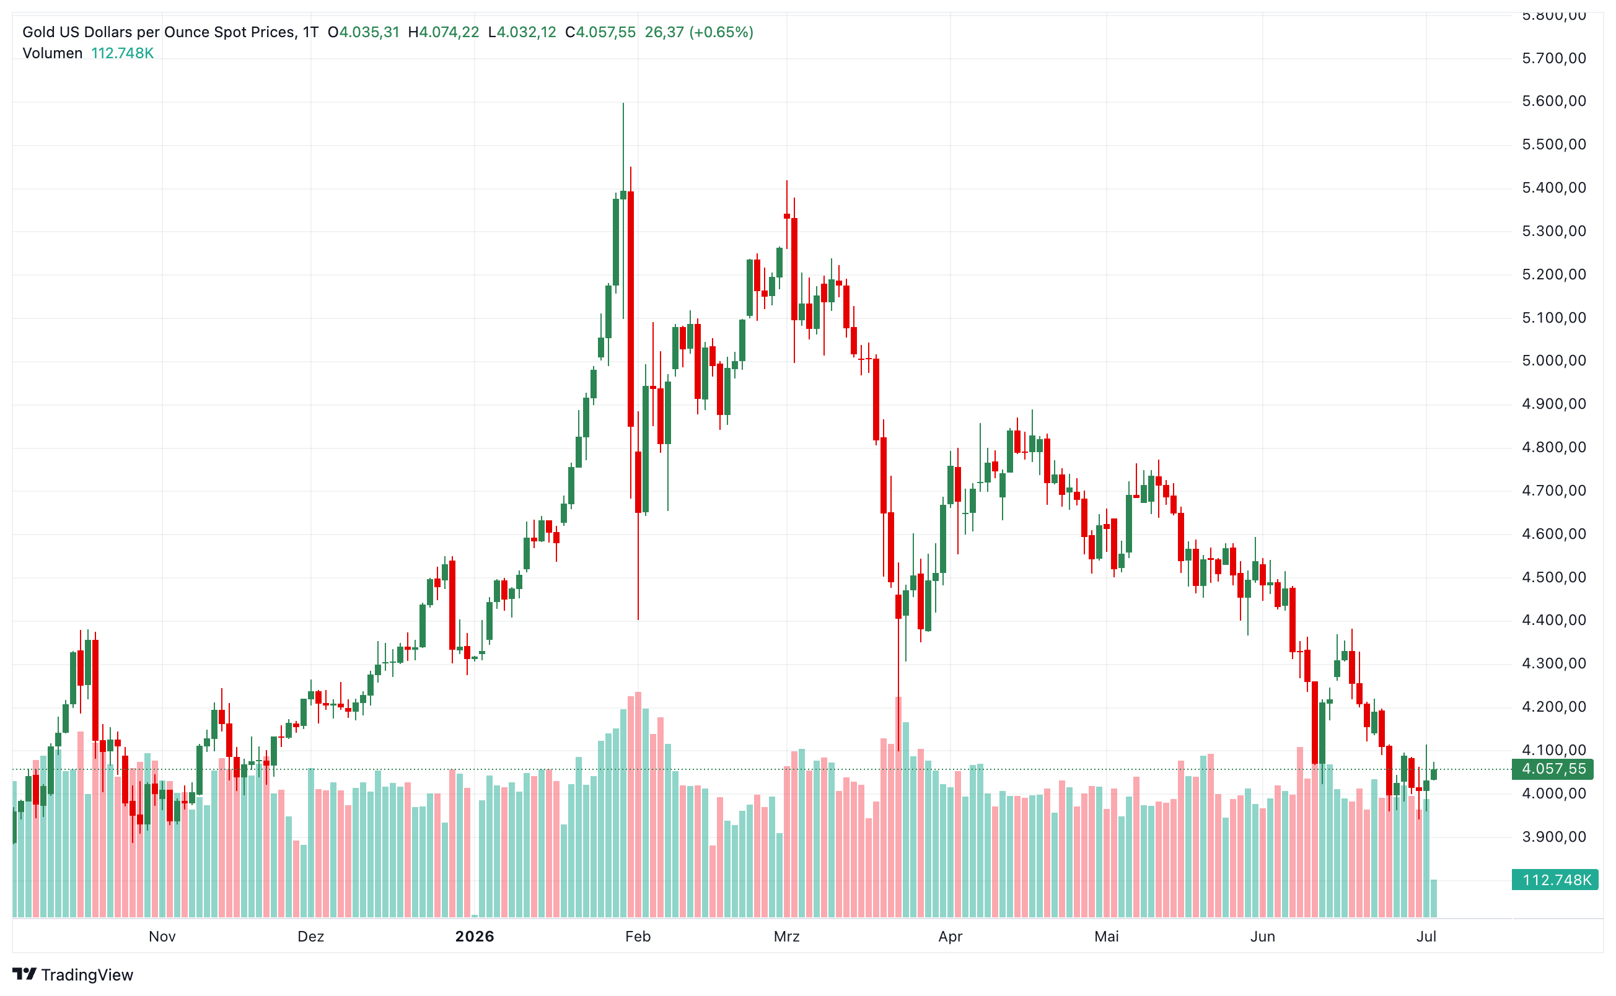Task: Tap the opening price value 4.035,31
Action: [x=369, y=32]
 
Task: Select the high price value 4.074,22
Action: [x=449, y=32]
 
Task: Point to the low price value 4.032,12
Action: [x=526, y=32]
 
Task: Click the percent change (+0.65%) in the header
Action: [x=721, y=32]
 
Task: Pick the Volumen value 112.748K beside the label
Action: [x=123, y=53]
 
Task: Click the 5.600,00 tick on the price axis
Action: [x=1553, y=101]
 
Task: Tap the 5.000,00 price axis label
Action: [x=1553, y=360]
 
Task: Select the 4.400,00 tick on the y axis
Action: [x=1553, y=620]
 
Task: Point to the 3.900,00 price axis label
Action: [x=1553, y=837]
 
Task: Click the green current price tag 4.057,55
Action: [x=1553, y=769]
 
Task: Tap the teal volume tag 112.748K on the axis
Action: [x=1555, y=880]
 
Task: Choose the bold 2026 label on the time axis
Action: [x=474, y=936]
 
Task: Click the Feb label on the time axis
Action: [x=638, y=936]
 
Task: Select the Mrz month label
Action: [x=786, y=936]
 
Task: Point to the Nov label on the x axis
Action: [x=162, y=936]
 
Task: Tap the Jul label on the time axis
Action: [x=1426, y=936]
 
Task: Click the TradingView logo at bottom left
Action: [x=72, y=974]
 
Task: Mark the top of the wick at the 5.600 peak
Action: [x=623, y=103]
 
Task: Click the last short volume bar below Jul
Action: [x=1433, y=898]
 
